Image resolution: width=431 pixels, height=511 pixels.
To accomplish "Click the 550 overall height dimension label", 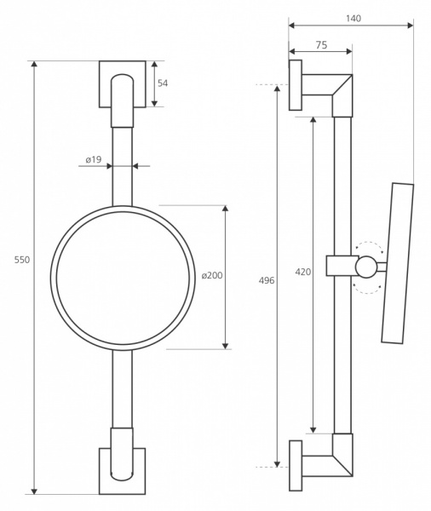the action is click(22, 260).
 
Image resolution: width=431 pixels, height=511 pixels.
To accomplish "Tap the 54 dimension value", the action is click(163, 83).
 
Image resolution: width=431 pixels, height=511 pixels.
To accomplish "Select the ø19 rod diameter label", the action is click(94, 160).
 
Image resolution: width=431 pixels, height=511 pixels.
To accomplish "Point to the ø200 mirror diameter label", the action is click(212, 275).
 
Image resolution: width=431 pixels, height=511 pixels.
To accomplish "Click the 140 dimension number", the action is click(353, 18).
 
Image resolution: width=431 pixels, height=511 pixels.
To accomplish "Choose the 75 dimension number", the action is click(321, 45).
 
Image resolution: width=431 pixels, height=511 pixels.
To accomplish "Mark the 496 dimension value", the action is click(267, 280).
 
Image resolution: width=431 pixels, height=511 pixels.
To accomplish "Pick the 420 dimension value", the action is click(303, 272).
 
